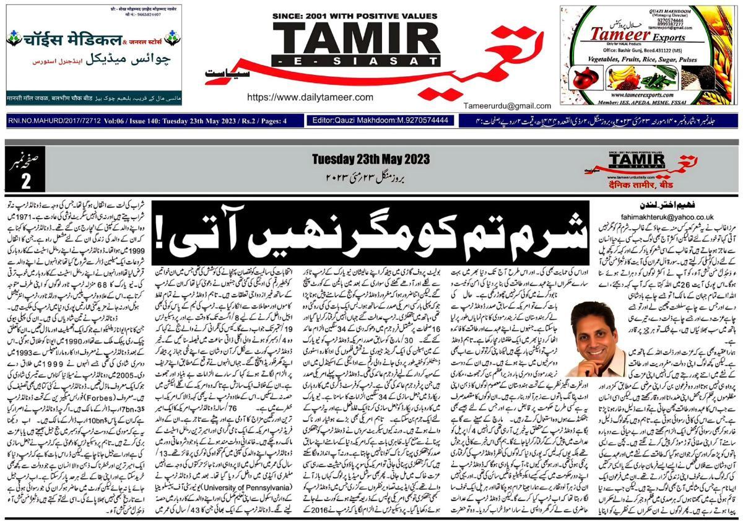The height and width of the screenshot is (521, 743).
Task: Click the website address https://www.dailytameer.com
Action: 310,97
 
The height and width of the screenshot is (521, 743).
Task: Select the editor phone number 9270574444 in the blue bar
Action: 423,120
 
